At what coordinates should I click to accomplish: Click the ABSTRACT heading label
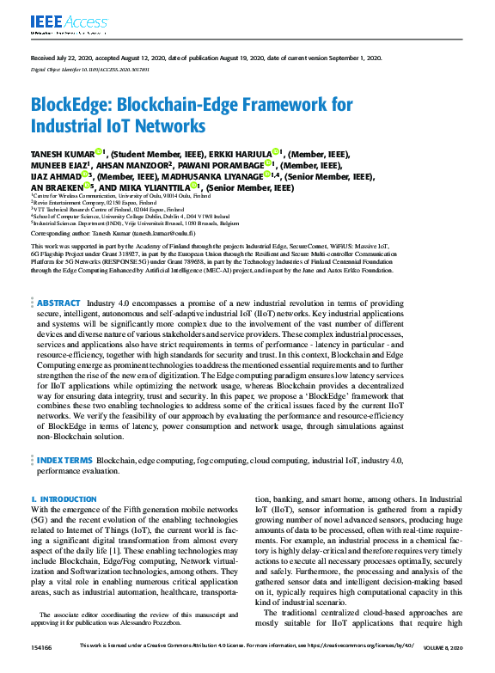pos(59,303)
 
